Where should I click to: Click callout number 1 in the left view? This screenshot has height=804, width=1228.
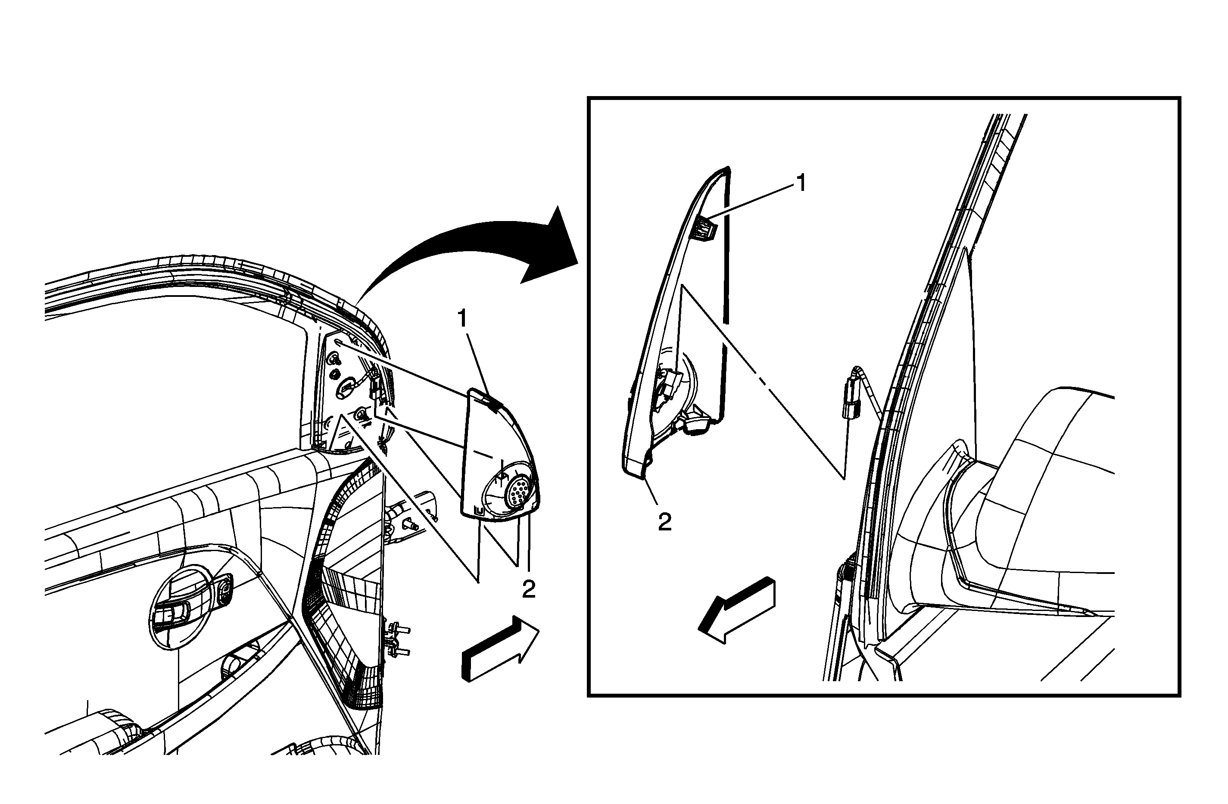point(462,319)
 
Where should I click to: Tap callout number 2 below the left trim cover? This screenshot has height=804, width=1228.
point(529,589)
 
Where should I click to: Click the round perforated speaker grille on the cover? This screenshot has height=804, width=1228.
point(517,491)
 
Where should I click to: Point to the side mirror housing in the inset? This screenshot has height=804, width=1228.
point(1011,516)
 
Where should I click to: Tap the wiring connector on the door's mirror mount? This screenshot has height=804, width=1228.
point(375,387)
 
